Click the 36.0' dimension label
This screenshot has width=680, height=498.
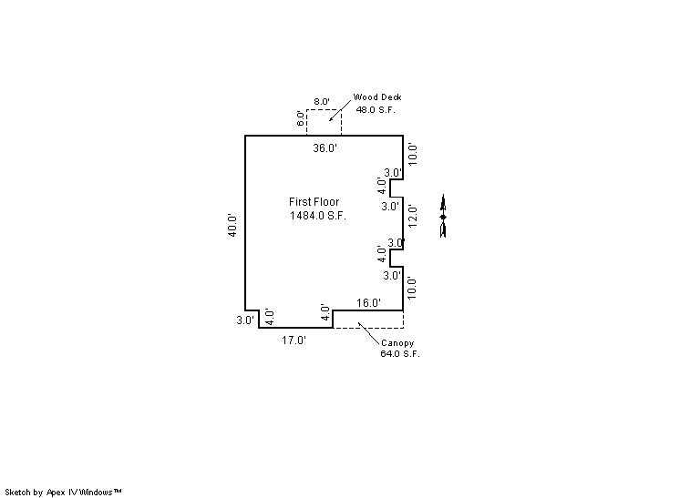[x=325, y=148]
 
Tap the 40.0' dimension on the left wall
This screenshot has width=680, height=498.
[x=232, y=225]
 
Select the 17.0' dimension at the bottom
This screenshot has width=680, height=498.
[x=294, y=340]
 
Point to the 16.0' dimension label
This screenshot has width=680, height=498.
[x=368, y=302]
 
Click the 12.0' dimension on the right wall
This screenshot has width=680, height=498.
[x=413, y=216]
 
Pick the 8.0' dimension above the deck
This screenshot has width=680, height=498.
[x=322, y=102]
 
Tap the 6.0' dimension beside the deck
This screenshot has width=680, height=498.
[x=301, y=118]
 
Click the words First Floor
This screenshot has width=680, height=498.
[x=314, y=202]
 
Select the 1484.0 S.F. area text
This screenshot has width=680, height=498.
[x=318, y=216]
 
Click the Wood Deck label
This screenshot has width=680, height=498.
[x=377, y=97]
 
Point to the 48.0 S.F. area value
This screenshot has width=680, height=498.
[x=376, y=109]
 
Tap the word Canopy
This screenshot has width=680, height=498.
[x=397, y=343]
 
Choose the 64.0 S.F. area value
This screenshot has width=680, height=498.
[x=400, y=354]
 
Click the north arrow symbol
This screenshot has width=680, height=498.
[x=443, y=216]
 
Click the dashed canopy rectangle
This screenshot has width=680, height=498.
[x=403, y=320]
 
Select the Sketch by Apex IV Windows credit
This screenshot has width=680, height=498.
[x=63, y=493]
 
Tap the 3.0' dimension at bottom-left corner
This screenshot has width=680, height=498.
[x=245, y=320]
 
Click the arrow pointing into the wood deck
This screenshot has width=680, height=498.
[x=340, y=111]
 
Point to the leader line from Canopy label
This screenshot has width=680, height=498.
[x=369, y=333]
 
